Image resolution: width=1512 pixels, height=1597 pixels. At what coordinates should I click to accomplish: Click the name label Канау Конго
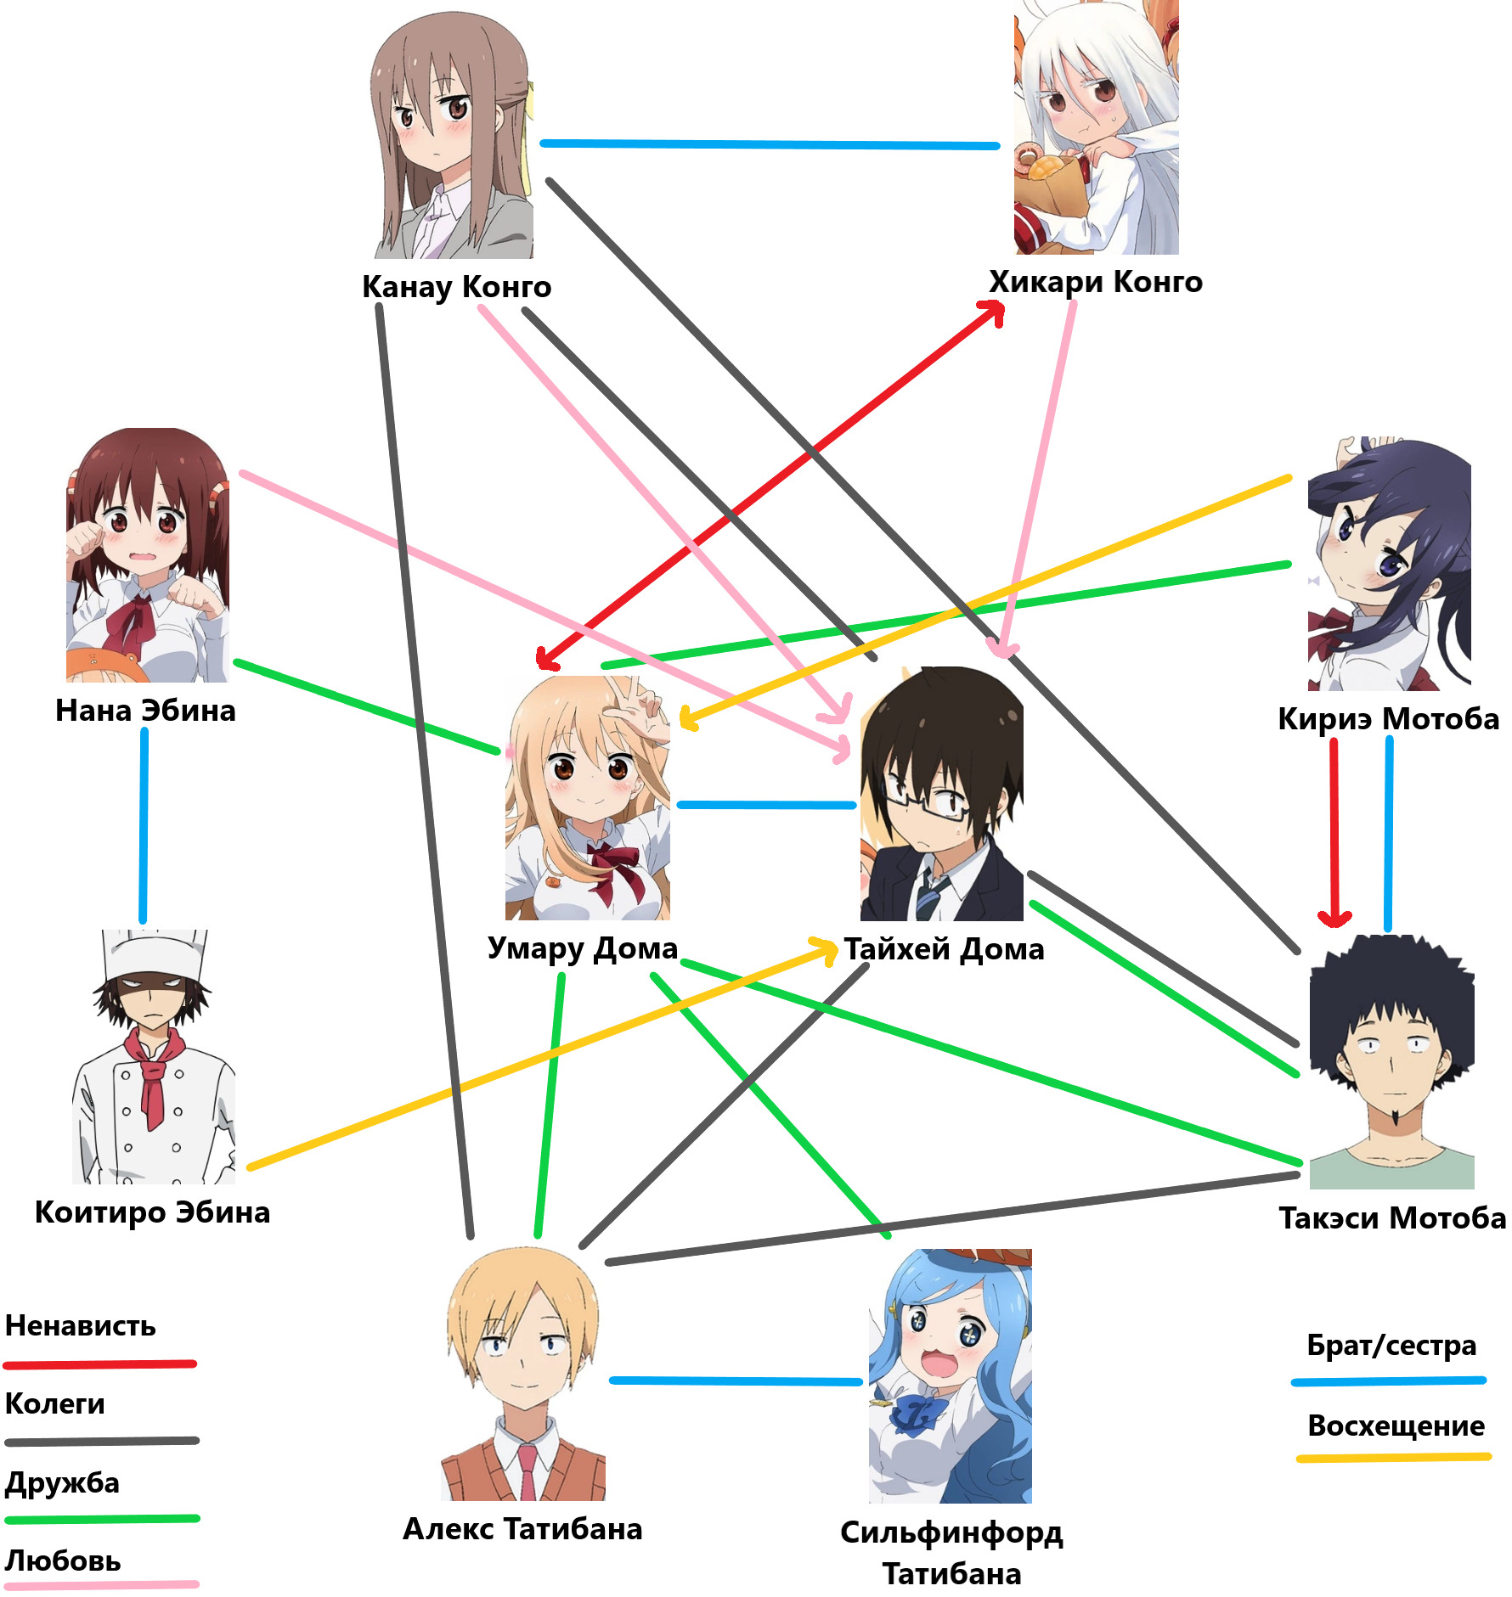click(x=456, y=287)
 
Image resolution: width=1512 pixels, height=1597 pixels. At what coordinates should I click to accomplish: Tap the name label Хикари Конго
click(x=1095, y=282)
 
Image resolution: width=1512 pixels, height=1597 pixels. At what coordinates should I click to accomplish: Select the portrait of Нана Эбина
click(x=148, y=555)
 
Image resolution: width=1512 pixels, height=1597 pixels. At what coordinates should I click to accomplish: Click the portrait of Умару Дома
click(x=587, y=798)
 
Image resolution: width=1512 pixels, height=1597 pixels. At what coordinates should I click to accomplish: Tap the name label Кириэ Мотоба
click(x=1388, y=719)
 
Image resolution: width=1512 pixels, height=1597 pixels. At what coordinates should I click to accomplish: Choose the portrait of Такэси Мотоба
click(x=1391, y=1062)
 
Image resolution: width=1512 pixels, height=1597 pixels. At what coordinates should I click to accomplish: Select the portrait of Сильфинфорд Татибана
click(x=950, y=1375)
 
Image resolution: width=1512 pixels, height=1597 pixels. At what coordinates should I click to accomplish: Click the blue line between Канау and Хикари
click(x=770, y=145)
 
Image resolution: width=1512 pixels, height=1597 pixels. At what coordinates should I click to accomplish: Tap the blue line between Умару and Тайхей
click(x=766, y=805)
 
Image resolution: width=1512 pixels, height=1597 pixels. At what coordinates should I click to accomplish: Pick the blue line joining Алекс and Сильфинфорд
click(x=736, y=1381)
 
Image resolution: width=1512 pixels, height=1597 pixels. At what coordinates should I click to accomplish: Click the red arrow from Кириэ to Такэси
click(x=1334, y=832)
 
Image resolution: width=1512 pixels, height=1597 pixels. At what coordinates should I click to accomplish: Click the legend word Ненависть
click(x=81, y=1326)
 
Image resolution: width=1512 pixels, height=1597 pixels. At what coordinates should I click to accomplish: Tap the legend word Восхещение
click(x=1396, y=1425)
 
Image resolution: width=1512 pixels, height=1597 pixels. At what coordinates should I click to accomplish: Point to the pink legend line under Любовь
click(x=102, y=1585)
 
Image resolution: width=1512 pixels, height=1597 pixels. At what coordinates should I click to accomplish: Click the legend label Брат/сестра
click(x=1391, y=1346)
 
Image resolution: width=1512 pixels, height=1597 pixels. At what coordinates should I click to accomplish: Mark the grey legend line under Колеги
click(x=102, y=1442)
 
